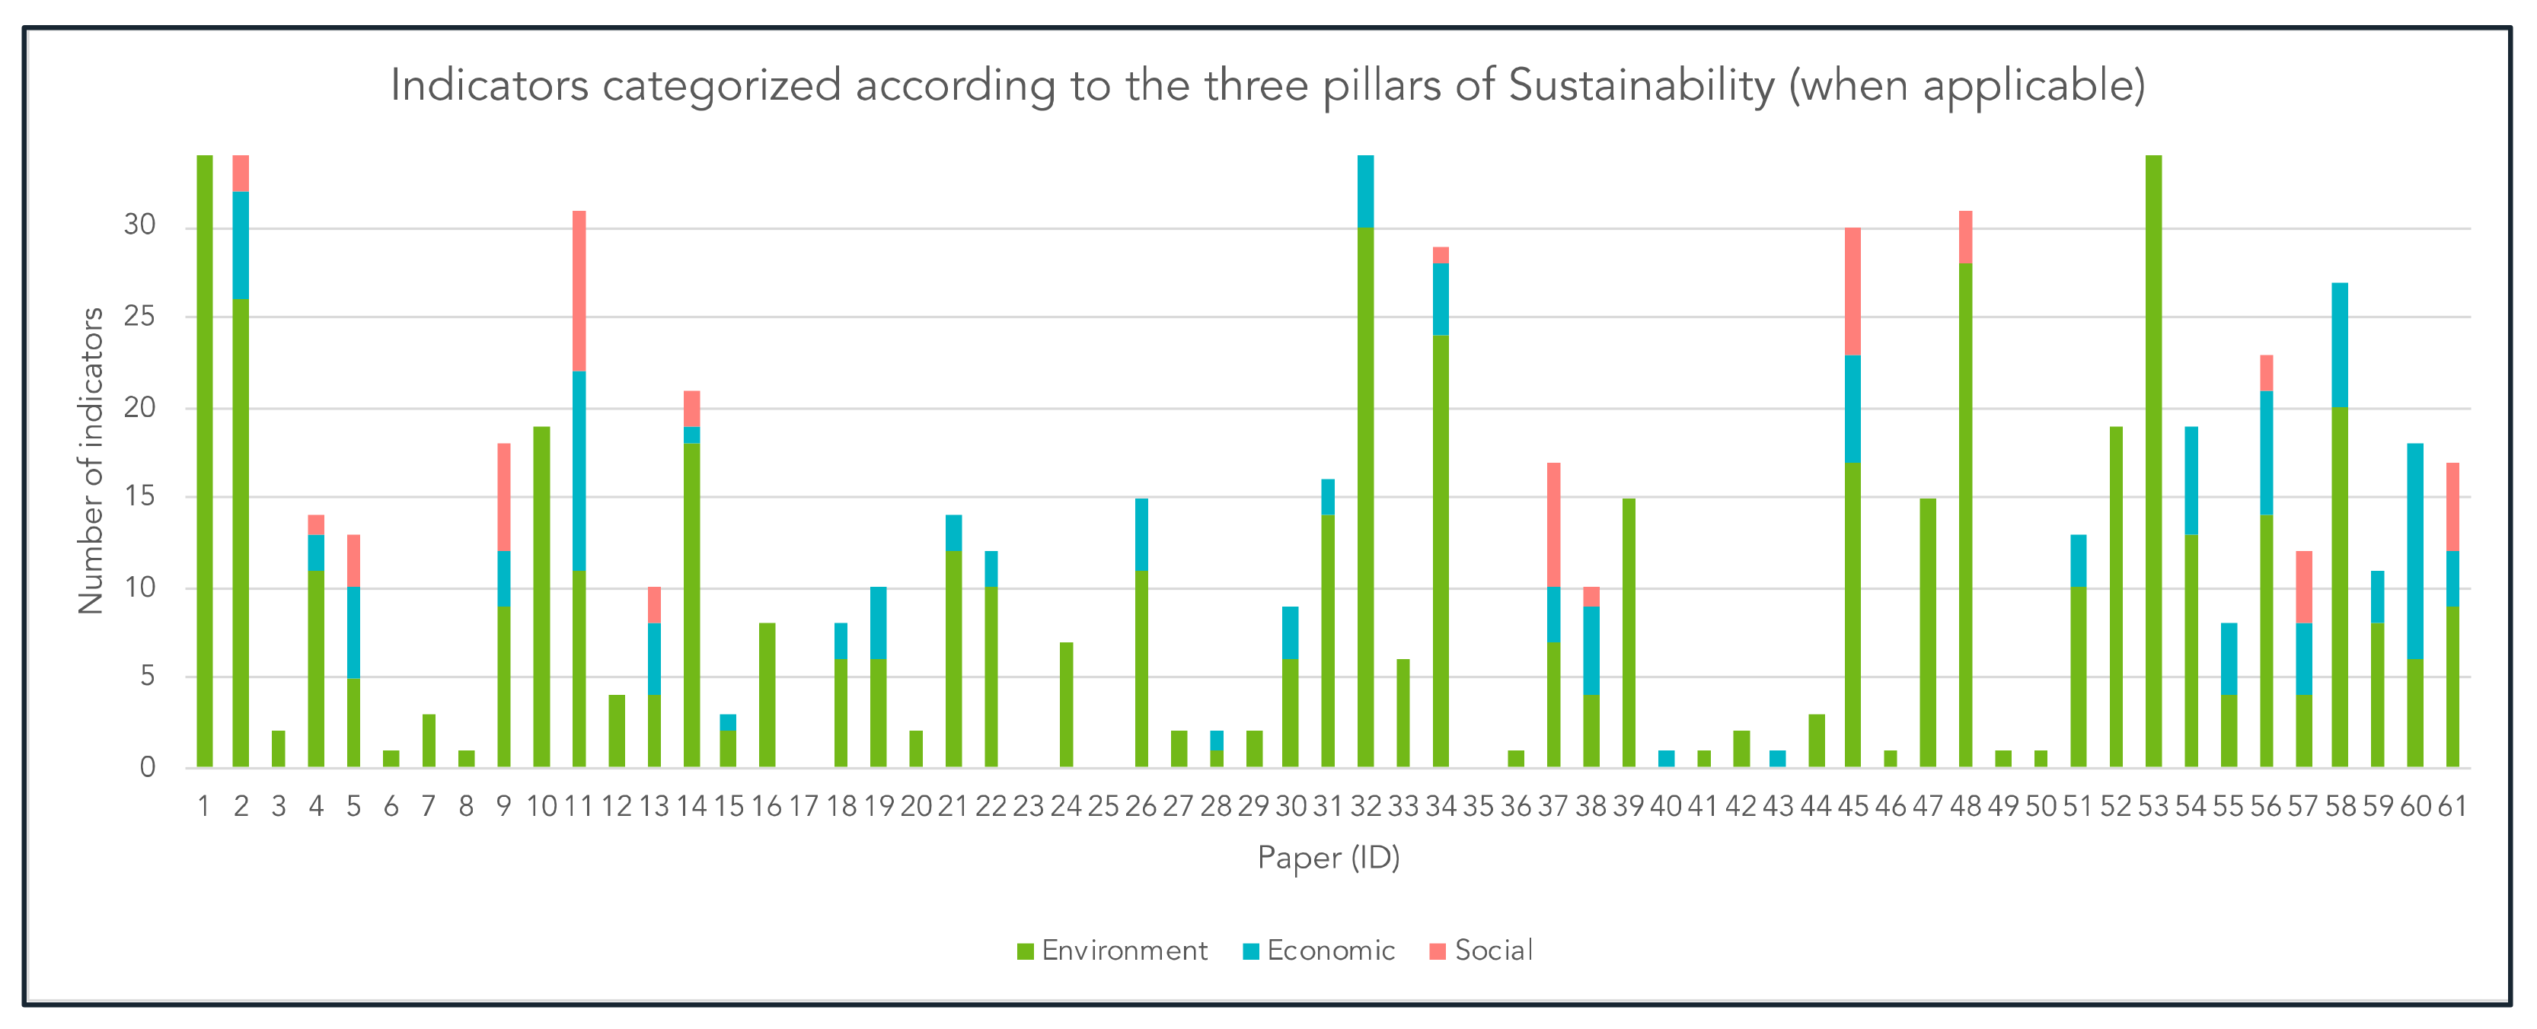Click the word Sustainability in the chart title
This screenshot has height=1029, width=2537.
click(x=1641, y=86)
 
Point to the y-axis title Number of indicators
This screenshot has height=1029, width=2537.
click(x=91, y=460)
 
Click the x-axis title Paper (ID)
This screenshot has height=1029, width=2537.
click(x=1328, y=858)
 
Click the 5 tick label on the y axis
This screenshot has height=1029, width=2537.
click(x=148, y=677)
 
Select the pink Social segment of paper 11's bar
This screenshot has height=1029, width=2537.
click(x=579, y=291)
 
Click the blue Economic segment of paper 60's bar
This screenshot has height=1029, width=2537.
click(x=2415, y=552)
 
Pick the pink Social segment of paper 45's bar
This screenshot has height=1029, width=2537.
click(x=1852, y=291)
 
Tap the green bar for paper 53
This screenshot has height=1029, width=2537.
click(x=2153, y=463)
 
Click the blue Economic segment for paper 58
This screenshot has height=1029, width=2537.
click(x=2340, y=345)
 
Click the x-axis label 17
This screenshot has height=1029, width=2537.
click(x=803, y=807)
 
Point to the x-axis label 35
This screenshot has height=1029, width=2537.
click(x=1479, y=807)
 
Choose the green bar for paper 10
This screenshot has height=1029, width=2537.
click(x=541, y=597)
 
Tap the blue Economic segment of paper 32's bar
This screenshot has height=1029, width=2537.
click(x=1365, y=191)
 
